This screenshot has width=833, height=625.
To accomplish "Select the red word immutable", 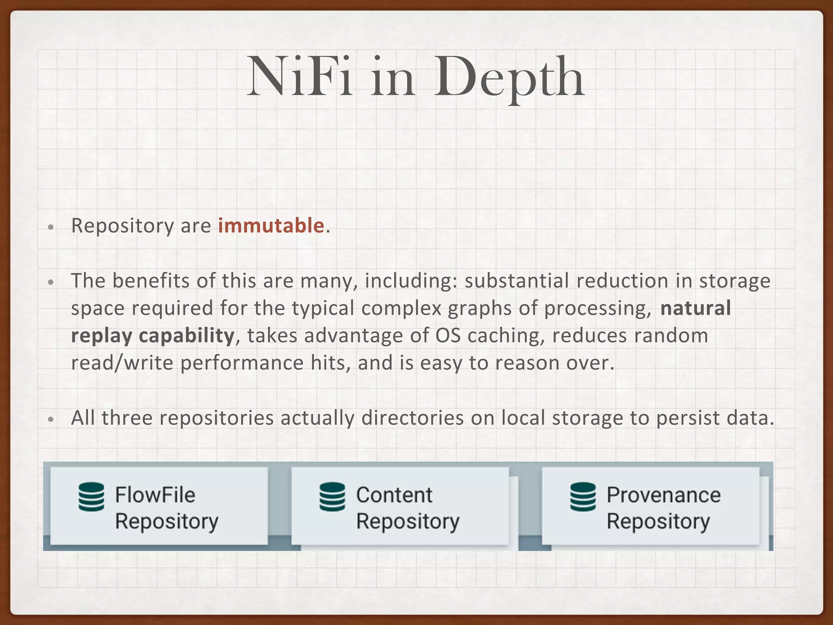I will click(271, 226).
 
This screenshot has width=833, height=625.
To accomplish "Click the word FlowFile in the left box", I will click(155, 495).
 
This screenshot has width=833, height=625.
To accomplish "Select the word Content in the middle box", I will click(394, 495).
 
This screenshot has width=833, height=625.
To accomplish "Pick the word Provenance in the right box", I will click(663, 495).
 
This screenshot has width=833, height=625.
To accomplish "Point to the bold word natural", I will click(696, 308).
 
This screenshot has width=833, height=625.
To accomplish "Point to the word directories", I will click(412, 418).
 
